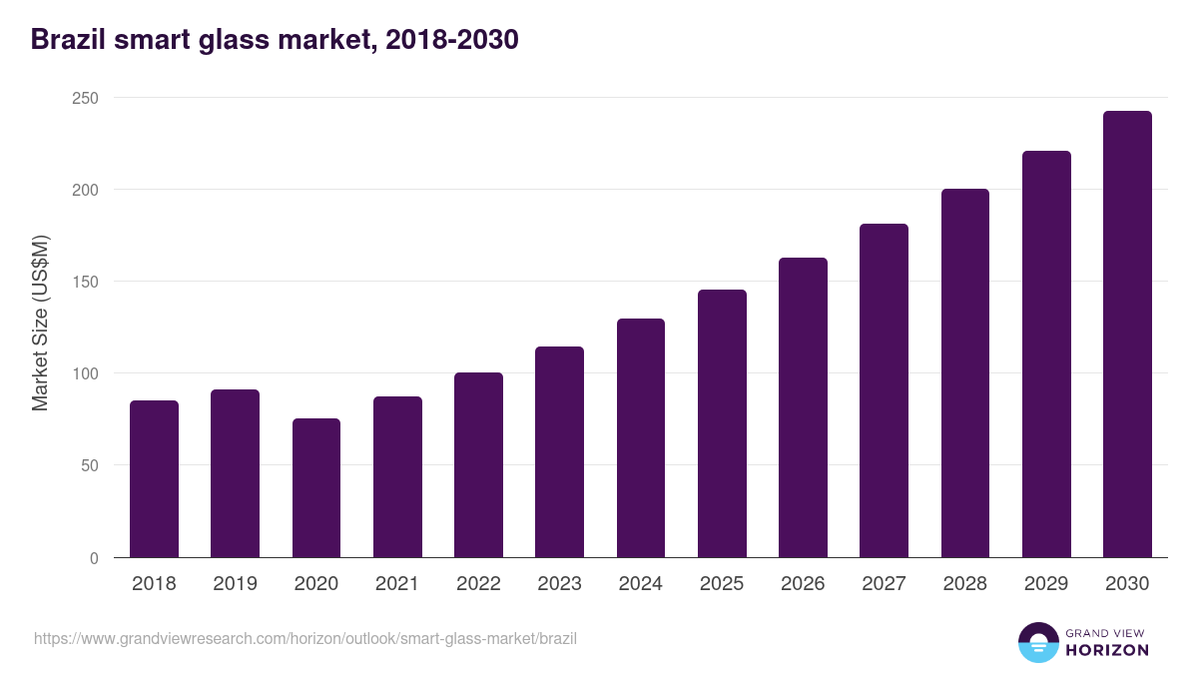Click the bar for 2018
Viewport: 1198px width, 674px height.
(154, 479)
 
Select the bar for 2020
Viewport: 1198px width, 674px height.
(316, 488)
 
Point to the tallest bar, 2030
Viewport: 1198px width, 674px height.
(1127, 335)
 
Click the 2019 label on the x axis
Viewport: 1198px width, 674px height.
(235, 584)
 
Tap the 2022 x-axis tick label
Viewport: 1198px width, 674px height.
(478, 584)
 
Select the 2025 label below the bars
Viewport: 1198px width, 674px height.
(722, 584)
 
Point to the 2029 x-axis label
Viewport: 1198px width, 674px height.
(1046, 584)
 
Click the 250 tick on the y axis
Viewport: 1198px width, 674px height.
(85, 98)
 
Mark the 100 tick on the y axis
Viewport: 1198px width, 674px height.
(85, 373)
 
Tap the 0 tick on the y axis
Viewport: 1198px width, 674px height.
(94, 558)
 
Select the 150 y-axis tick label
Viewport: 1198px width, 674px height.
(85, 282)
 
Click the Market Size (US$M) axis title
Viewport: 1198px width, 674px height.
(40, 324)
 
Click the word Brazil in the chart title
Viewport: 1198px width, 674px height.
(66, 40)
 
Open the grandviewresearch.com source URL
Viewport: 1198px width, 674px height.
(305, 638)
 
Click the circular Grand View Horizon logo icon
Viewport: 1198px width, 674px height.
(1037, 642)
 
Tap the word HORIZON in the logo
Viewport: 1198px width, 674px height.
(1107, 650)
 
